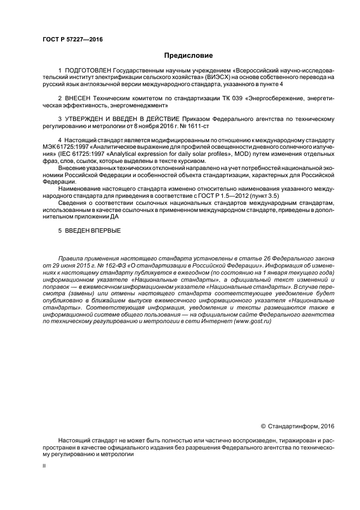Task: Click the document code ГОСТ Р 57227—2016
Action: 72,40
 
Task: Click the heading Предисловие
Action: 186,56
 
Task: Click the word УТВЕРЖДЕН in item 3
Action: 86,119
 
